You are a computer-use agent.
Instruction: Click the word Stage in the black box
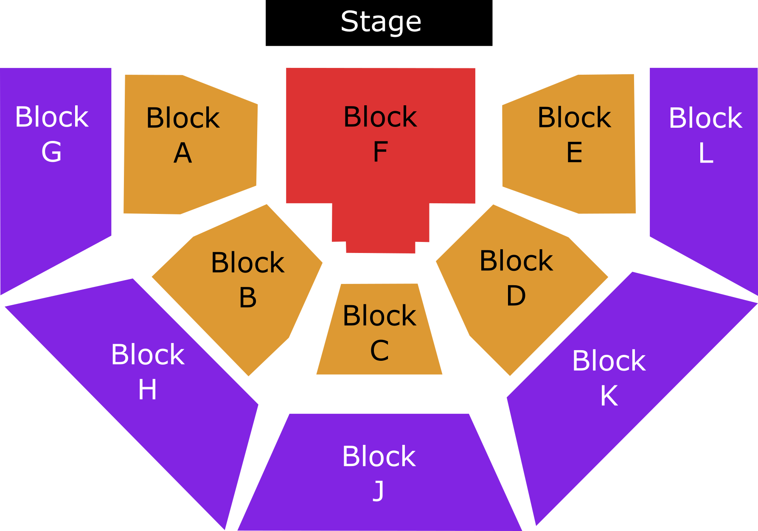[x=381, y=22]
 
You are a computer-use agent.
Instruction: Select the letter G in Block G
[x=52, y=152]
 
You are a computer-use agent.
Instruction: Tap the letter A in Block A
[x=183, y=153]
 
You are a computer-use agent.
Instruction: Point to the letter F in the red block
[x=381, y=152]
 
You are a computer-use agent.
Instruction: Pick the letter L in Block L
[x=706, y=153]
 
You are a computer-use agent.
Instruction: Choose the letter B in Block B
[x=248, y=297]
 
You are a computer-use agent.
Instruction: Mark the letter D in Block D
[x=516, y=295]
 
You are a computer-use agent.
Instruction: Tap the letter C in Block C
[x=379, y=350]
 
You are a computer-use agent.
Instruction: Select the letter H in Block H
[x=147, y=390]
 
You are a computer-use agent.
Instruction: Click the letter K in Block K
[x=609, y=396]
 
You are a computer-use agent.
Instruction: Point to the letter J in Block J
[x=379, y=491]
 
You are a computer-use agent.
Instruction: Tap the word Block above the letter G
[x=52, y=117]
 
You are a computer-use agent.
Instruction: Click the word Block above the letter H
[x=148, y=354]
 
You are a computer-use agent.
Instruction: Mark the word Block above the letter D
[x=516, y=261]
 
